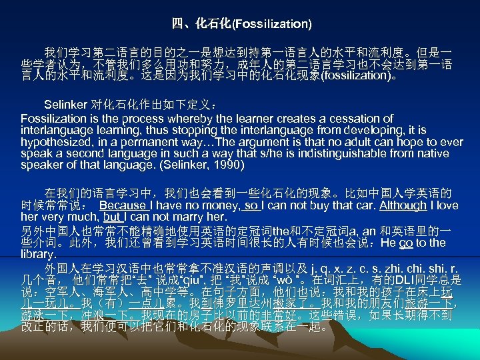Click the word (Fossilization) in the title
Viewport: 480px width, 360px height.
pyautogui.click(x=271, y=24)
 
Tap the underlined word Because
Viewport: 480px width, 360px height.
pyautogui.click(x=121, y=206)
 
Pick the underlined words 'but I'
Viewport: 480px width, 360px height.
pyautogui.click(x=113, y=217)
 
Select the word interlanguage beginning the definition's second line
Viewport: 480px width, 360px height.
pyautogui.click(x=54, y=129)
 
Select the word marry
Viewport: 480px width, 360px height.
pyautogui.click(x=185, y=217)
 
